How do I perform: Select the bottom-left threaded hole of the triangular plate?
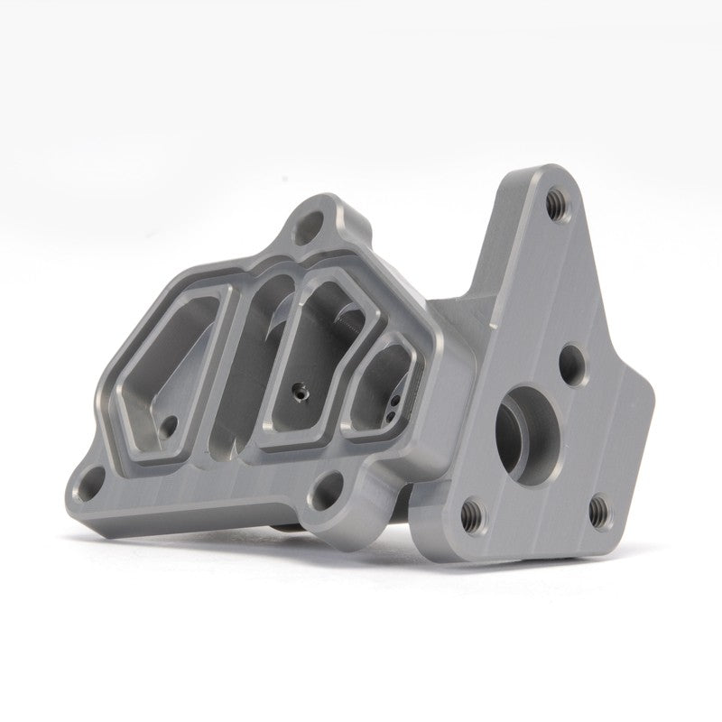[x=470, y=514]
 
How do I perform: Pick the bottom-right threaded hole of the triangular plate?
[x=597, y=512]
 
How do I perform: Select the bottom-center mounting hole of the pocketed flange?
[x=323, y=493]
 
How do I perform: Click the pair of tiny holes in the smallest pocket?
[x=393, y=405]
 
